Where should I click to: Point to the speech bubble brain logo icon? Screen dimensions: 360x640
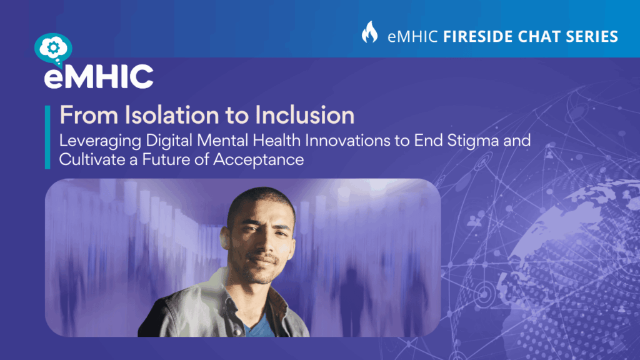click(x=54, y=49)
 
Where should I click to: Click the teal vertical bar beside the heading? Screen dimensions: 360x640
click(x=47, y=137)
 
